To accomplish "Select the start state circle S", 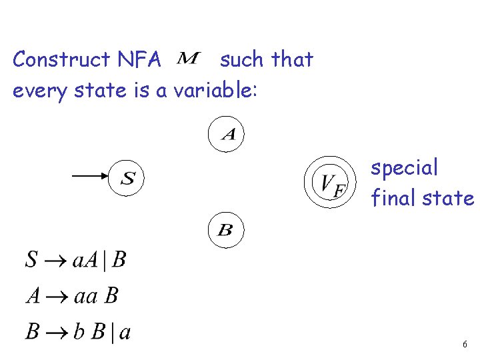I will coord(127,177).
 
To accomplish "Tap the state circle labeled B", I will coord(226,231).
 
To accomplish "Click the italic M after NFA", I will coord(189,60).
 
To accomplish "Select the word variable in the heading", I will coord(214,90).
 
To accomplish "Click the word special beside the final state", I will coord(405,168).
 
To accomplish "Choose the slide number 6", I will coord(465,345).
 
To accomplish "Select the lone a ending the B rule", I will coord(124,332).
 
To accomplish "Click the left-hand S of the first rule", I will coord(31,260).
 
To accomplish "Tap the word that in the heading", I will coord(293,60).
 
